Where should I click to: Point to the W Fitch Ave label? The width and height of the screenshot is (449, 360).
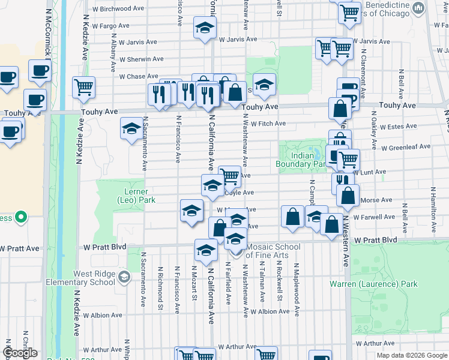tap(268, 124)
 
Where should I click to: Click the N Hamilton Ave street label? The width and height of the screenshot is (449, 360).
tap(432, 210)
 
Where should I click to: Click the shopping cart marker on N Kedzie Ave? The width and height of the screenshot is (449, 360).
tap(83, 86)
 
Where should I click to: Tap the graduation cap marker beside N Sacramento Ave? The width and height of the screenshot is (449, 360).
tap(131, 128)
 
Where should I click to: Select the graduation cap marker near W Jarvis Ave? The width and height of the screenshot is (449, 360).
tap(205, 28)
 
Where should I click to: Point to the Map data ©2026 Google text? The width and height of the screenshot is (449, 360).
tap(411, 355)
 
